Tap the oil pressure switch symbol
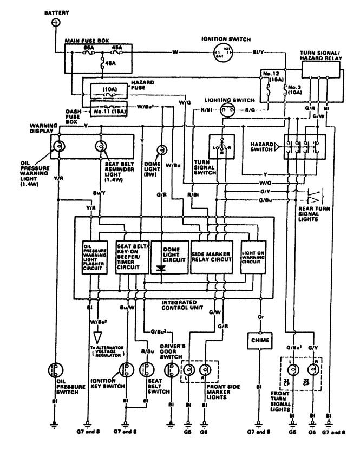(x=55, y=370)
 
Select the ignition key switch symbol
(x=126, y=370)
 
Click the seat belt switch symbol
(x=145, y=370)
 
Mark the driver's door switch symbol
(x=171, y=370)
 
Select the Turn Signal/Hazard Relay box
(x=319, y=69)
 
